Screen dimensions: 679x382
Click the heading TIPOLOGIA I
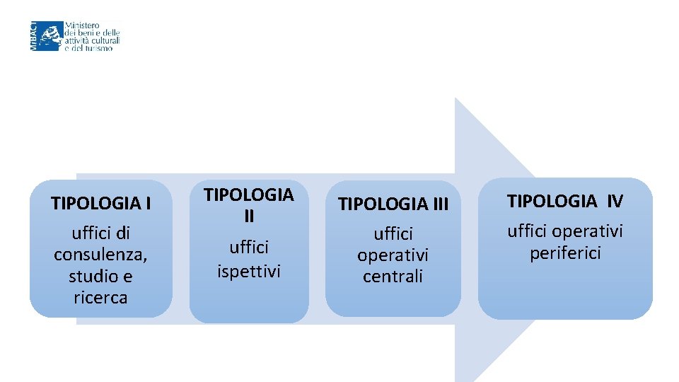pos(100,204)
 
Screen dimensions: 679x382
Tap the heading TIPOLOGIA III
pos(393,204)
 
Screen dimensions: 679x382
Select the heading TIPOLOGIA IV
pos(566,202)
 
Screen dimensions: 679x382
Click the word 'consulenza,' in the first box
pos(100,254)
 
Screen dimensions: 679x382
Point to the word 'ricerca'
pos(100,298)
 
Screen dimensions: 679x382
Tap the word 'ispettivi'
pos(249,271)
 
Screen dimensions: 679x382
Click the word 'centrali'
pos(393,277)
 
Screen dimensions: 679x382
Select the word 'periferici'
pos(566,253)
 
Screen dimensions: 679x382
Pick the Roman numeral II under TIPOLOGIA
pos(249,216)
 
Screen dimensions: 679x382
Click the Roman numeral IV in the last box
pos(613,202)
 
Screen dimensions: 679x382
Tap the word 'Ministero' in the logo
pos(83,25)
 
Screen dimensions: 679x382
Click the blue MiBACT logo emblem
pos(50,35)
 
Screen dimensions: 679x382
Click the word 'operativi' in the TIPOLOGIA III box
pos(393,255)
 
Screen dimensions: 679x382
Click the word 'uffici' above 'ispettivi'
pos(249,248)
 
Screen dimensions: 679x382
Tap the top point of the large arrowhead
pos(456,99)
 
